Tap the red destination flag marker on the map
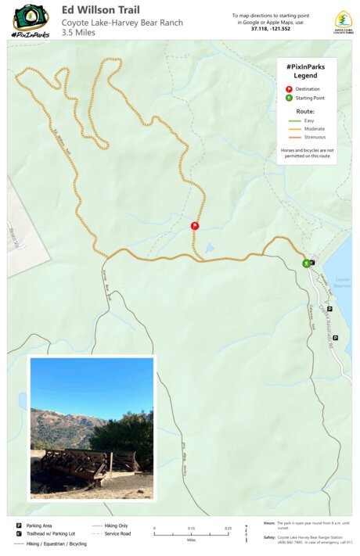point(195,226)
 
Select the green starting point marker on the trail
point(306,264)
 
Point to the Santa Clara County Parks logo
point(343,21)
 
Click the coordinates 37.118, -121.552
point(271,29)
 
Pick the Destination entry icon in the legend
point(287,89)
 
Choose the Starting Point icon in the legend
point(287,99)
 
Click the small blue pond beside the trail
point(208,249)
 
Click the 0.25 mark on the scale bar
point(228,529)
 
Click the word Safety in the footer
point(269,537)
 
